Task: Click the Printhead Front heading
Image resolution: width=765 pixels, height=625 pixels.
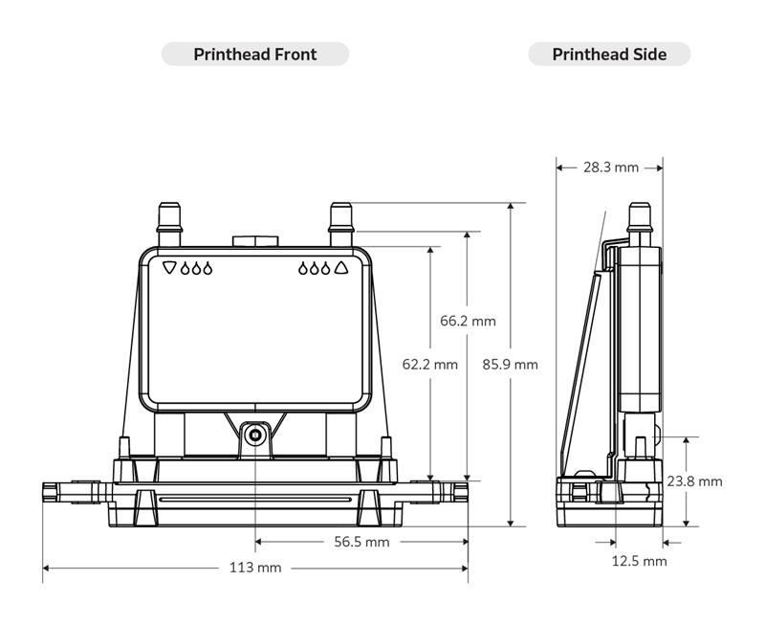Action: [254, 55]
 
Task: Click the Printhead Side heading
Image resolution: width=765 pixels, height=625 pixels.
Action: [609, 55]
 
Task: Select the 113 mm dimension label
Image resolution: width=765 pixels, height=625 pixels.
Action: [255, 568]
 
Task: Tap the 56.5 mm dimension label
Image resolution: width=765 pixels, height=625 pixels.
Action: [362, 542]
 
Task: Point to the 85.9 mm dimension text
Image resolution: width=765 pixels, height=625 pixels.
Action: [510, 364]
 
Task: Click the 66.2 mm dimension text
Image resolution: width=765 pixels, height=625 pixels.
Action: [468, 322]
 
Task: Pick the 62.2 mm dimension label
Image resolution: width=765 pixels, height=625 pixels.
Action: [429, 364]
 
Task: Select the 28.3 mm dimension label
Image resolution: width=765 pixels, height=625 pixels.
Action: [610, 167]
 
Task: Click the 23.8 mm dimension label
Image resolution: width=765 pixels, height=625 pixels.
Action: [694, 481]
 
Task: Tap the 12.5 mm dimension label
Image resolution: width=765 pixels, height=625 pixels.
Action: [639, 561]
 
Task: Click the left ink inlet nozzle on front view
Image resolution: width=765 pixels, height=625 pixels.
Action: [170, 221]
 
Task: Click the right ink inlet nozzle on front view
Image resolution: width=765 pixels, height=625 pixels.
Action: [340, 221]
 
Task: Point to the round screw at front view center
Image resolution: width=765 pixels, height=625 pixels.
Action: [254, 435]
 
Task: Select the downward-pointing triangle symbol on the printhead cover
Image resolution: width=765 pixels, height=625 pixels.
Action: [169, 268]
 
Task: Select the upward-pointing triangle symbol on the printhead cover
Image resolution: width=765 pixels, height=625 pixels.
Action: [340, 268]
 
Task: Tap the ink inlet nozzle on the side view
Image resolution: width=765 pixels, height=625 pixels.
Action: [639, 220]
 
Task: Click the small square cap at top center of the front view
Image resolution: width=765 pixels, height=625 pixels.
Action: [254, 239]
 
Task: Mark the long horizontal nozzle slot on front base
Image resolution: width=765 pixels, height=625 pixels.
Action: [254, 501]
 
